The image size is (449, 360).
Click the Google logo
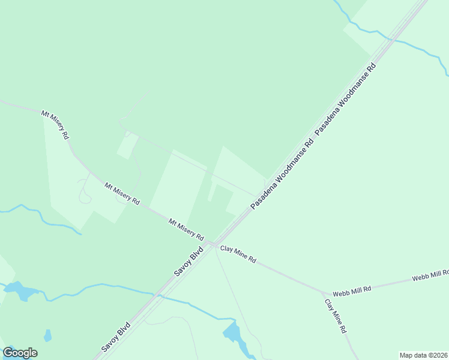pos(20,353)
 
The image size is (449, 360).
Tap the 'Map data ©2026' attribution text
pos(424,355)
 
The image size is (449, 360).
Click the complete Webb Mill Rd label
pos(352,289)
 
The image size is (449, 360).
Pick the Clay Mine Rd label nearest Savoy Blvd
pos(238,254)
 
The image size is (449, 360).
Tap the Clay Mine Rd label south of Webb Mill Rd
pos(336,316)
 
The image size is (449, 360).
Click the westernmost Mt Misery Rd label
pos(55,124)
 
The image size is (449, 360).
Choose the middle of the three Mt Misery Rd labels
pos(122,193)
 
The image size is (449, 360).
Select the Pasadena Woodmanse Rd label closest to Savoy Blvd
pos(282,175)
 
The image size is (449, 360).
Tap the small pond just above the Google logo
pos(48,335)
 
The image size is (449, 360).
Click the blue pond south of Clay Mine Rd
pos(233,332)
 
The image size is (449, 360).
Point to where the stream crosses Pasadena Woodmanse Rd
pos(391,40)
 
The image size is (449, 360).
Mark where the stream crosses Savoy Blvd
pos(158,295)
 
